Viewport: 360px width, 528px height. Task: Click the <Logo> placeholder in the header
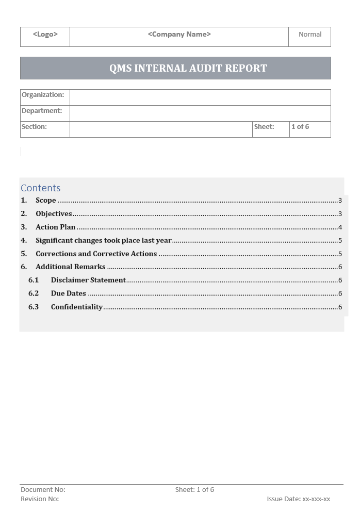tap(45, 35)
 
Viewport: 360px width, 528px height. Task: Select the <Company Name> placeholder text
tap(179, 35)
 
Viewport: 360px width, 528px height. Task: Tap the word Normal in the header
tap(310, 35)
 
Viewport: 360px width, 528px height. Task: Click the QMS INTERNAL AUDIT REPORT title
tap(188, 68)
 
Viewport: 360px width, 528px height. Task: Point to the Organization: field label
tap(43, 95)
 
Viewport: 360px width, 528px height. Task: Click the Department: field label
tap(42, 111)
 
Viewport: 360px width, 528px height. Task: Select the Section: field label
tap(34, 127)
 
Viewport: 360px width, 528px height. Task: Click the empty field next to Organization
tap(200, 97)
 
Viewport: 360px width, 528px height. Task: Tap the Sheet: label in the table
tap(264, 127)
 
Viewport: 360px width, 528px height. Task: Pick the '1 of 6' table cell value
tap(300, 127)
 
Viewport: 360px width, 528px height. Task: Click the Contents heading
tap(41, 188)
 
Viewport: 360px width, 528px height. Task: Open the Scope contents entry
tap(45, 201)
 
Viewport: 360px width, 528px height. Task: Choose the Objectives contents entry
tap(54, 214)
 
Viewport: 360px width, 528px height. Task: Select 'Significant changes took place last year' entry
tap(103, 241)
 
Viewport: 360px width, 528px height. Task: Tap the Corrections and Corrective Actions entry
tap(96, 254)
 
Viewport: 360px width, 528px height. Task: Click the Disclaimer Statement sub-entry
tap(88, 280)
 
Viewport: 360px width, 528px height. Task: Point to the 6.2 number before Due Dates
tap(34, 294)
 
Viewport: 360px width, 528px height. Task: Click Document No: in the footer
tap(43, 490)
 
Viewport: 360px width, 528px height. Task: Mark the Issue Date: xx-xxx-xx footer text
tap(298, 499)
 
